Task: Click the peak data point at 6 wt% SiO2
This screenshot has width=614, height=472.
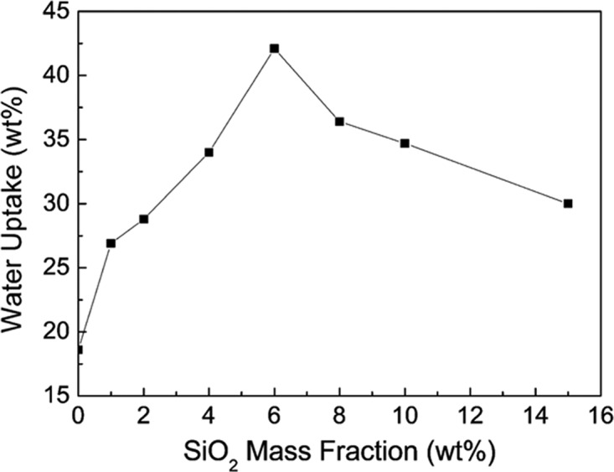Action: click(274, 49)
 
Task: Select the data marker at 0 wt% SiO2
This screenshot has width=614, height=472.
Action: click(79, 349)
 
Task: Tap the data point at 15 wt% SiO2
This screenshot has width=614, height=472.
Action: click(568, 204)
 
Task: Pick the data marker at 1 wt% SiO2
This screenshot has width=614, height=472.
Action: click(111, 243)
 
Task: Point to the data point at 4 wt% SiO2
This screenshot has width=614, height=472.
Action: click(209, 153)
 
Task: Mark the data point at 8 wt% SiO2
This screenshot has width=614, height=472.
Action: click(339, 122)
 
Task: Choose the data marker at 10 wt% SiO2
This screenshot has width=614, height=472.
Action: click(405, 143)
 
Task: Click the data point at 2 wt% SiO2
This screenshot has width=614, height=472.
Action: click(143, 219)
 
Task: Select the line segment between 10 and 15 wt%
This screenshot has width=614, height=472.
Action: click(486, 174)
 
